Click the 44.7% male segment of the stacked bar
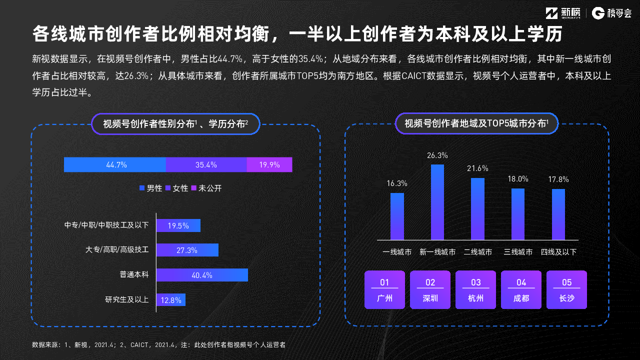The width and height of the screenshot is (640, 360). point(115,164)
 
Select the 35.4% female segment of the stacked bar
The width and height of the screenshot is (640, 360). point(206,164)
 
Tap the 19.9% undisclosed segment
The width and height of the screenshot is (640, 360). point(269,164)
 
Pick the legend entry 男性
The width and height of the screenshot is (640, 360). point(150,188)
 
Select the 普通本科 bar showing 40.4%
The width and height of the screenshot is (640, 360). point(202,275)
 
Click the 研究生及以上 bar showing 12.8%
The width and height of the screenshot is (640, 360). point(170,300)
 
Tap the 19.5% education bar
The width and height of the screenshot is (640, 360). point(178,225)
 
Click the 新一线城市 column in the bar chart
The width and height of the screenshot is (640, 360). point(437,202)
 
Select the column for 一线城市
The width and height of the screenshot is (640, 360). point(397,216)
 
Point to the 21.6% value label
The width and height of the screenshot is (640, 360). point(477,168)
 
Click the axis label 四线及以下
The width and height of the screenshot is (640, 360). point(558,252)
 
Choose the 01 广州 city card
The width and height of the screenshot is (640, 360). point(384,290)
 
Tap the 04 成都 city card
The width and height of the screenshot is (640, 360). point(521,290)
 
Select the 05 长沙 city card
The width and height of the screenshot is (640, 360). point(566,290)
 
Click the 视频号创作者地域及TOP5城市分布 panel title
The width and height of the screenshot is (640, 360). point(476,123)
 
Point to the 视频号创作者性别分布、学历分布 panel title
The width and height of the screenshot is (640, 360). point(175,123)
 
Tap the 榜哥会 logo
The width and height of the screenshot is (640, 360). point(611,13)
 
